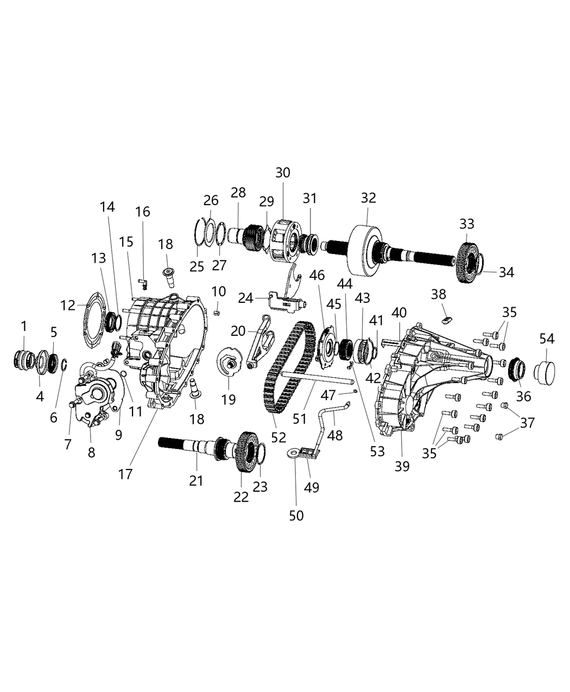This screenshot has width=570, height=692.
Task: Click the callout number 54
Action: click(547, 339)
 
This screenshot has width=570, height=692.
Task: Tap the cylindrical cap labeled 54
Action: click(546, 372)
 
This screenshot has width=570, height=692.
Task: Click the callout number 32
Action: click(368, 198)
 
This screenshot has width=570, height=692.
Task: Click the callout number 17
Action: click(125, 473)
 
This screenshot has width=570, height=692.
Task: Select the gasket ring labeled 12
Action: click(93, 320)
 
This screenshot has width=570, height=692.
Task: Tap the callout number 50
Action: click(296, 515)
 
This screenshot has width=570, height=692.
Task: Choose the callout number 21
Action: click(196, 480)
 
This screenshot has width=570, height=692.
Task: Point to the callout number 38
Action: click(438, 294)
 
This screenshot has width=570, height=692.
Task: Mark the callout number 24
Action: click(245, 297)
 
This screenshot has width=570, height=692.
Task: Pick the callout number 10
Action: click(218, 291)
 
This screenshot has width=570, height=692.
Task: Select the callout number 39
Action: click(402, 466)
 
